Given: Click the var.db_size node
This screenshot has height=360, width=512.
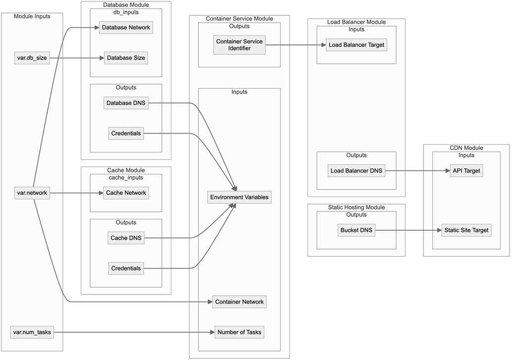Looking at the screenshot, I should (32, 58).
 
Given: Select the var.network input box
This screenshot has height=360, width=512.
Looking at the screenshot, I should (32, 193).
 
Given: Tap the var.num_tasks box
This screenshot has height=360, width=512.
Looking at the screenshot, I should (32, 332).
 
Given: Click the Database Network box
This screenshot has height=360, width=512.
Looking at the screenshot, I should (126, 27).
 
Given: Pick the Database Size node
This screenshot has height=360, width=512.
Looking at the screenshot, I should (126, 58).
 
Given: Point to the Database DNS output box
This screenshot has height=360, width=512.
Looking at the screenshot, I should (126, 103).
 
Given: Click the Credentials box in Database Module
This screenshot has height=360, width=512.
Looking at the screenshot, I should (126, 133).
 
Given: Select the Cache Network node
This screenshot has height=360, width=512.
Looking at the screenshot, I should (126, 193).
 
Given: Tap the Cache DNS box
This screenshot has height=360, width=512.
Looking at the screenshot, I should (126, 238).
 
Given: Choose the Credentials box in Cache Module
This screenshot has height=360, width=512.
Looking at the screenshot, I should (126, 268).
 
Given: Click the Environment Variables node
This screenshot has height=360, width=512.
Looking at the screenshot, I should (239, 197).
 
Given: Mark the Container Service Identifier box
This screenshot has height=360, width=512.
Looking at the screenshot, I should (239, 45).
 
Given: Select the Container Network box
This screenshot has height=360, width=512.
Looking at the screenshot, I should (239, 302).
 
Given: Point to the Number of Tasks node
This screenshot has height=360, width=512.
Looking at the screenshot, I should (239, 332).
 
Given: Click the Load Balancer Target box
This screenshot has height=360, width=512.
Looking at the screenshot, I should (357, 45).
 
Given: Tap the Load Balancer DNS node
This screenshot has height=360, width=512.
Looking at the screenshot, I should (357, 171).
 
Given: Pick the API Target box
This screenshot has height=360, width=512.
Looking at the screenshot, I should (466, 171).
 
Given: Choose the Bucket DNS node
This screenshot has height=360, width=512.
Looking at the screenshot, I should (357, 230).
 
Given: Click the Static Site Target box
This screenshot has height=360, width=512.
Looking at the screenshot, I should (466, 230).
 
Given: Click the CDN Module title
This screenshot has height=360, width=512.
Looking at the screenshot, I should (466, 148).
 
